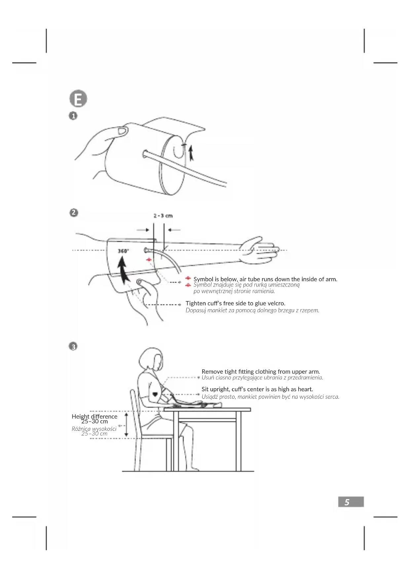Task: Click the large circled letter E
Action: (x=78, y=98)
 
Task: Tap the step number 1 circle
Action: (x=73, y=116)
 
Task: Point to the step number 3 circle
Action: (x=73, y=346)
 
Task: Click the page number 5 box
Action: (x=351, y=502)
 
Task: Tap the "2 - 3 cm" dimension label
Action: (x=163, y=216)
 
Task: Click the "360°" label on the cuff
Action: (x=123, y=251)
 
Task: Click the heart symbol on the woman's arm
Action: (x=155, y=394)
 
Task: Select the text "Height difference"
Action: (x=94, y=416)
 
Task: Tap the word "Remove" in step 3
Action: (x=212, y=371)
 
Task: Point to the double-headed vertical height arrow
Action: (x=126, y=424)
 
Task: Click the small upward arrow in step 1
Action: (x=191, y=153)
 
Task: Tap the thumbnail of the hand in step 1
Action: (x=122, y=131)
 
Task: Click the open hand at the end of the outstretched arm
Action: (x=259, y=250)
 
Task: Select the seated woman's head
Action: (x=151, y=360)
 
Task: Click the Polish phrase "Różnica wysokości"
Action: (x=94, y=428)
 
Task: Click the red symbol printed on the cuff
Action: (x=149, y=260)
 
